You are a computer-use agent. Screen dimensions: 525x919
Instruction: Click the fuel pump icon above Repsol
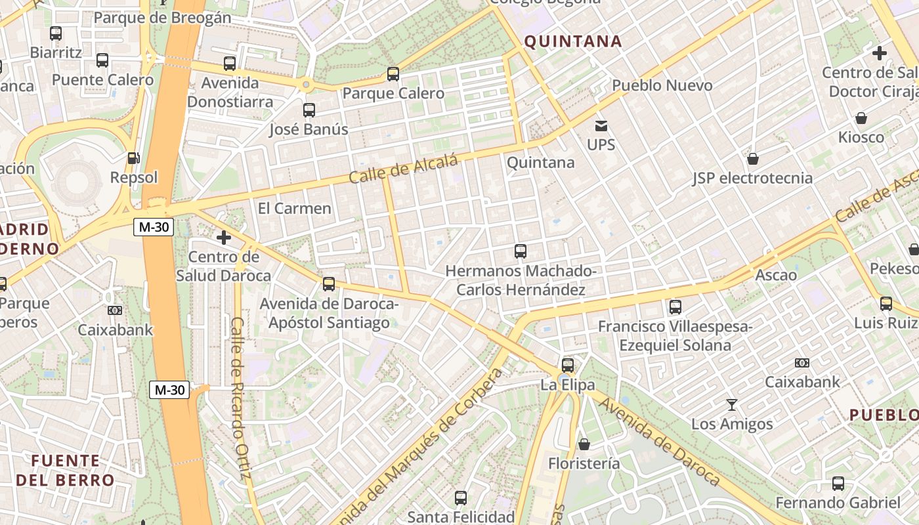[x=133, y=158]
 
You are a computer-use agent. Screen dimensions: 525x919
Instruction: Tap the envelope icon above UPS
[x=601, y=125]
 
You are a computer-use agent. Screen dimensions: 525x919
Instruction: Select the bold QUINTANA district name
[x=573, y=41]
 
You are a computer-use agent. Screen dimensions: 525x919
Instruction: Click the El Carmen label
[x=295, y=209]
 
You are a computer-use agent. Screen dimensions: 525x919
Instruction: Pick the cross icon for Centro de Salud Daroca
[x=224, y=237]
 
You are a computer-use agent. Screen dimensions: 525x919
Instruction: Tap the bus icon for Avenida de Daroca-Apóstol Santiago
[x=329, y=284]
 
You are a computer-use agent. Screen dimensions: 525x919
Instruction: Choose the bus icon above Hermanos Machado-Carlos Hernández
[x=521, y=251]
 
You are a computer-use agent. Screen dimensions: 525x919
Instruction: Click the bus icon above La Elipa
[x=568, y=365]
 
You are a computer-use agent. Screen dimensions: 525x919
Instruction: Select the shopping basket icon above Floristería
[x=584, y=444]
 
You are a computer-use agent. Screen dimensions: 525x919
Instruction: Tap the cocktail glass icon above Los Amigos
[x=732, y=405]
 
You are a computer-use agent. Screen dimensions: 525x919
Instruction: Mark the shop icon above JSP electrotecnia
[x=753, y=159]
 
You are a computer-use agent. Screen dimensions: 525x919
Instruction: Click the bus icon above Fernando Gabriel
[x=838, y=484]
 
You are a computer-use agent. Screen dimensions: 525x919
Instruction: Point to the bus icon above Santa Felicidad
[x=461, y=497]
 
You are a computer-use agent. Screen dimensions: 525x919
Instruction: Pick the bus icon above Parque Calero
[x=393, y=74]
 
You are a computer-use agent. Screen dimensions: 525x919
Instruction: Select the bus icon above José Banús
[x=309, y=110]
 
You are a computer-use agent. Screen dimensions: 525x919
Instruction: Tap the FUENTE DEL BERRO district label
[x=65, y=470]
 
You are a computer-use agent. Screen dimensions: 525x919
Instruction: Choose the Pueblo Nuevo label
[x=662, y=85]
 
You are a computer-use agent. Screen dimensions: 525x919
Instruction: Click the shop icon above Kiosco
[x=861, y=118]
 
